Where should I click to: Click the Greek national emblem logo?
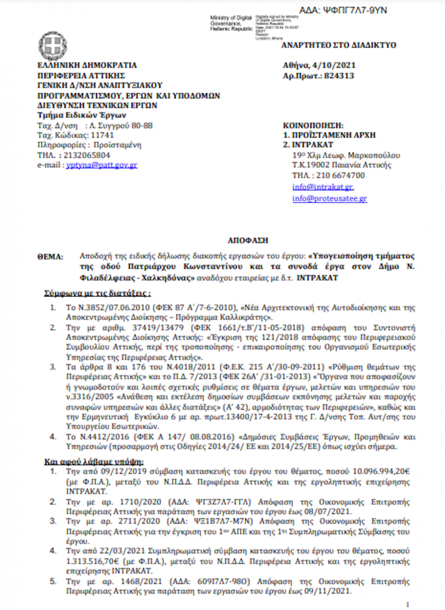[x=52, y=46]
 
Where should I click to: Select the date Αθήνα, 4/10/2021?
[x=320, y=66]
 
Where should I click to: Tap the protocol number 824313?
[x=338, y=76]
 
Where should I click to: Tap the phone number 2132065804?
[x=88, y=155]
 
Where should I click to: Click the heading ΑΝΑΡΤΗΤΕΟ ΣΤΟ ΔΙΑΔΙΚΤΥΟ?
[x=338, y=45]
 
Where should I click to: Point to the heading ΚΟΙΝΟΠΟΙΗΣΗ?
[x=313, y=125]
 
